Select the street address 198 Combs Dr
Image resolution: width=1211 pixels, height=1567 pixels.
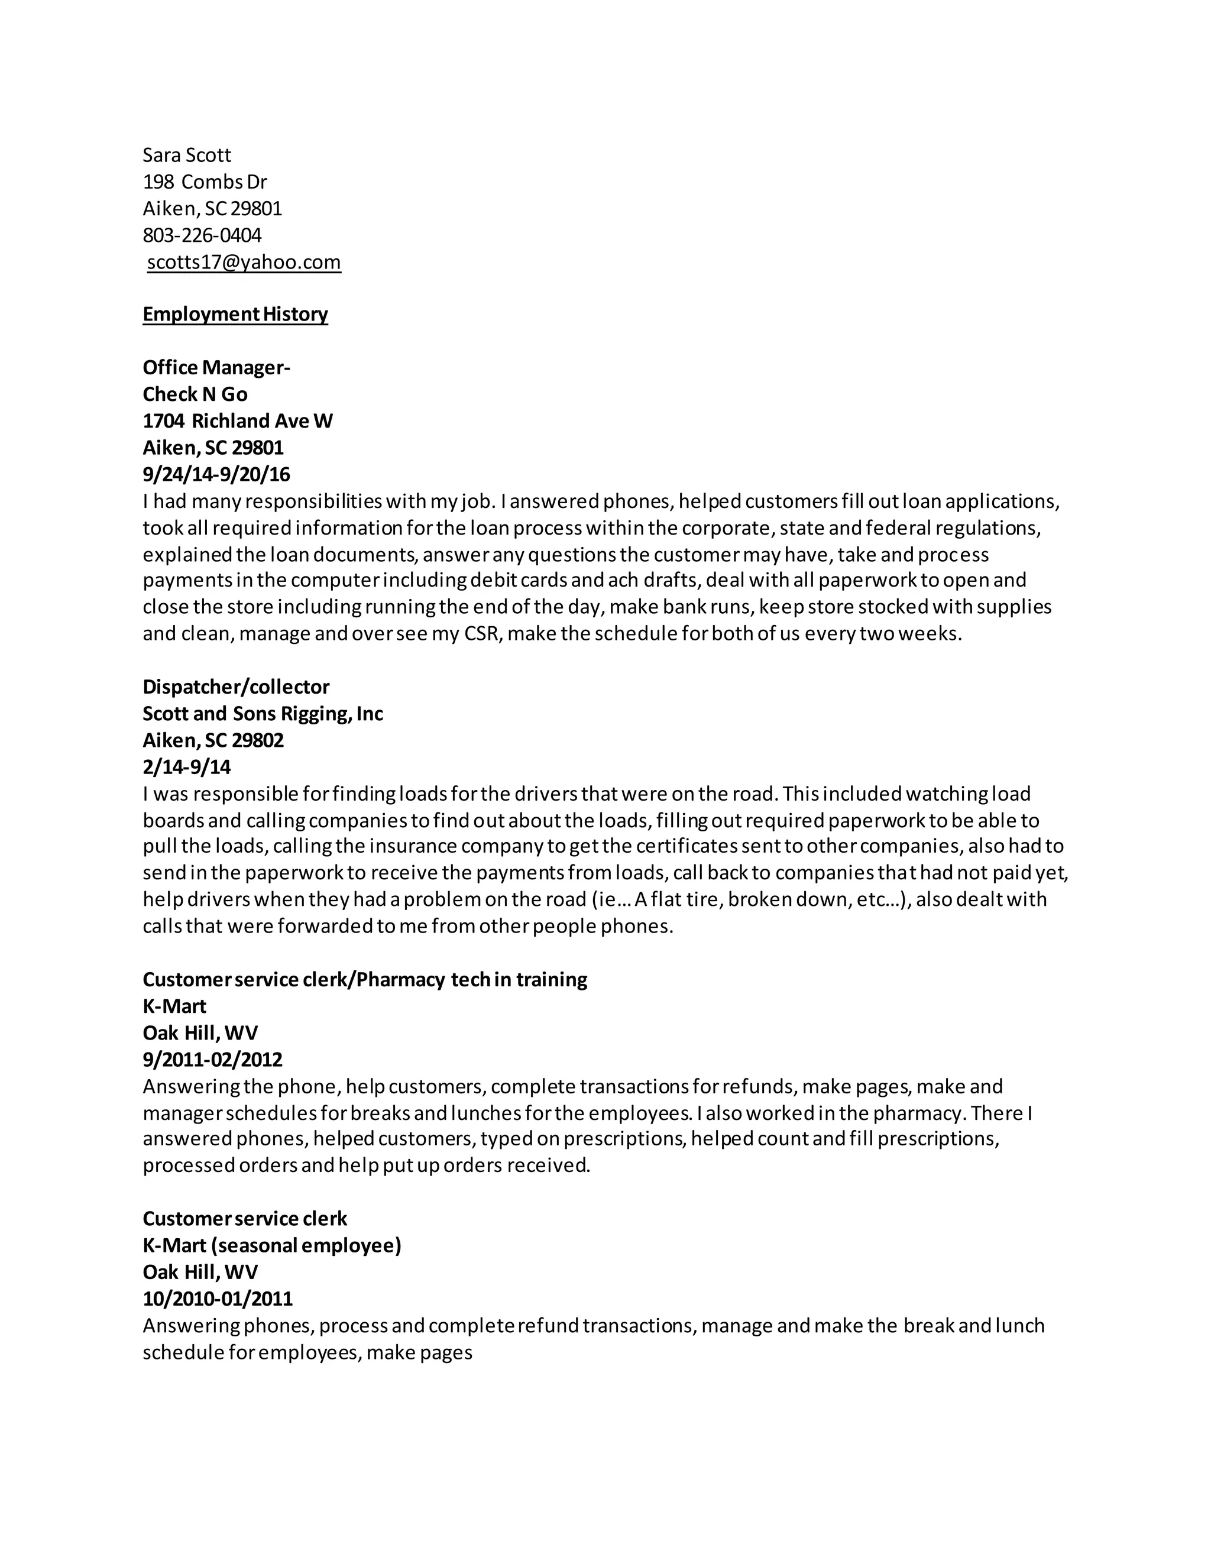click(x=205, y=182)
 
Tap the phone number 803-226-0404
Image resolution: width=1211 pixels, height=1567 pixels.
click(x=202, y=235)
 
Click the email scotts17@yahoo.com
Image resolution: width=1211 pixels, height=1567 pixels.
click(x=244, y=262)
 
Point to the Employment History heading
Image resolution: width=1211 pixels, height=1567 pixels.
click(x=235, y=314)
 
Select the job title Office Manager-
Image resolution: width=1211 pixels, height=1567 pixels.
click(x=216, y=367)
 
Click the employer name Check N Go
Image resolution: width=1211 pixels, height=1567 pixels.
click(x=195, y=394)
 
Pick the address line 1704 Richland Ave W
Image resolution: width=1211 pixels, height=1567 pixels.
click(x=238, y=420)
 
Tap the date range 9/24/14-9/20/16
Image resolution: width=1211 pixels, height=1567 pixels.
click(x=216, y=474)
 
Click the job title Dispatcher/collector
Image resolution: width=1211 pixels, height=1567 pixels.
click(x=236, y=687)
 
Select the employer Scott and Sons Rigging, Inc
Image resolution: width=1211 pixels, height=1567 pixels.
click(x=263, y=713)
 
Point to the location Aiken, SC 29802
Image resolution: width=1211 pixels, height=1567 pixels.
click(x=213, y=740)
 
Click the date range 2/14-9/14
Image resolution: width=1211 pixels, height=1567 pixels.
click(x=186, y=767)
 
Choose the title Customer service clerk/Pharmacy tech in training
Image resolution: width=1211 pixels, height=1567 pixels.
click(x=364, y=979)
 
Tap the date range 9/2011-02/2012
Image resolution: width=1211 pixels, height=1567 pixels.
click(x=212, y=1059)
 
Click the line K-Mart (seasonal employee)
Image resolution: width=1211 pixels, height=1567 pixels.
click(x=272, y=1245)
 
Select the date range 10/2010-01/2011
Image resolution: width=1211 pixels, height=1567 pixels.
click(x=218, y=1299)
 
